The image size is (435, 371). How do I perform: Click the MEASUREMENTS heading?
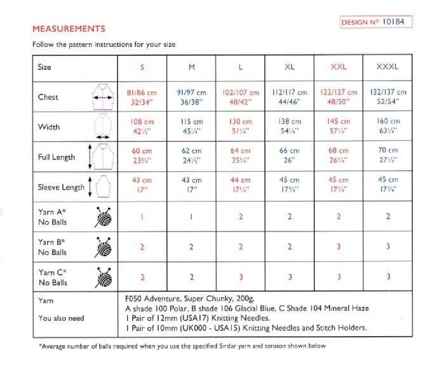click(69, 29)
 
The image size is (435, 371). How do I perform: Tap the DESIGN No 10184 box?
click(372, 22)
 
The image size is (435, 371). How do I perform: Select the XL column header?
click(290, 67)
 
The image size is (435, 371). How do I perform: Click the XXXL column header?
click(388, 67)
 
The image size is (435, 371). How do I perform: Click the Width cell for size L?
click(241, 127)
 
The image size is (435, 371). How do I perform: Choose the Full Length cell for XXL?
click(339, 156)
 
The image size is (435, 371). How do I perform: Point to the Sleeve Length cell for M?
click(191, 185)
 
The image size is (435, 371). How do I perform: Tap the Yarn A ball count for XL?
click(290, 217)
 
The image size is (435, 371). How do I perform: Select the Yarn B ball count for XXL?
click(339, 247)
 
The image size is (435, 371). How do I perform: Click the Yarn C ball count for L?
click(241, 277)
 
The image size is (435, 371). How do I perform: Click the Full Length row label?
click(57, 157)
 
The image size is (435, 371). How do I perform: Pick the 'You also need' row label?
click(61, 318)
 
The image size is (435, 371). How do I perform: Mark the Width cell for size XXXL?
click(388, 127)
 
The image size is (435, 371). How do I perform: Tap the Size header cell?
click(45, 67)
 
